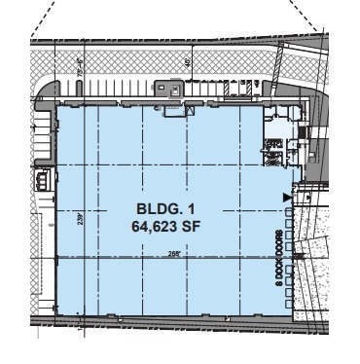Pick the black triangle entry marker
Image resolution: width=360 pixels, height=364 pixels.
coord(284,199)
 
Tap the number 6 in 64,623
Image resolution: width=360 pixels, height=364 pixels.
coord(135,226)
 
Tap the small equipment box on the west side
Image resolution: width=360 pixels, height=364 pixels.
coord(43,179)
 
